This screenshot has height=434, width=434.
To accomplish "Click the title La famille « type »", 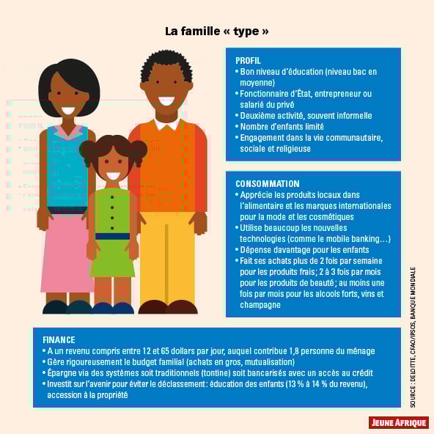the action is [x=216, y=32].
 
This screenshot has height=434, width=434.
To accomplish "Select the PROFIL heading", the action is [x=248, y=61].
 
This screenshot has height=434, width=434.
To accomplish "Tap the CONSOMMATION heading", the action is [x=267, y=184].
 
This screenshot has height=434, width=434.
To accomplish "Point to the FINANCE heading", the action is [x=59, y=340].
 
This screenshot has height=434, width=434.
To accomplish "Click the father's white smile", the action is [x=167, y=100].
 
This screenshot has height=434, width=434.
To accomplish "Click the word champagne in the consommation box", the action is [x=260, y=305].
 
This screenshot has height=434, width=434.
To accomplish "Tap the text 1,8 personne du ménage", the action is [x=328, y=351].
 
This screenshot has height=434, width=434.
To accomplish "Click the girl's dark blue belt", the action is [x=112, y=236].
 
